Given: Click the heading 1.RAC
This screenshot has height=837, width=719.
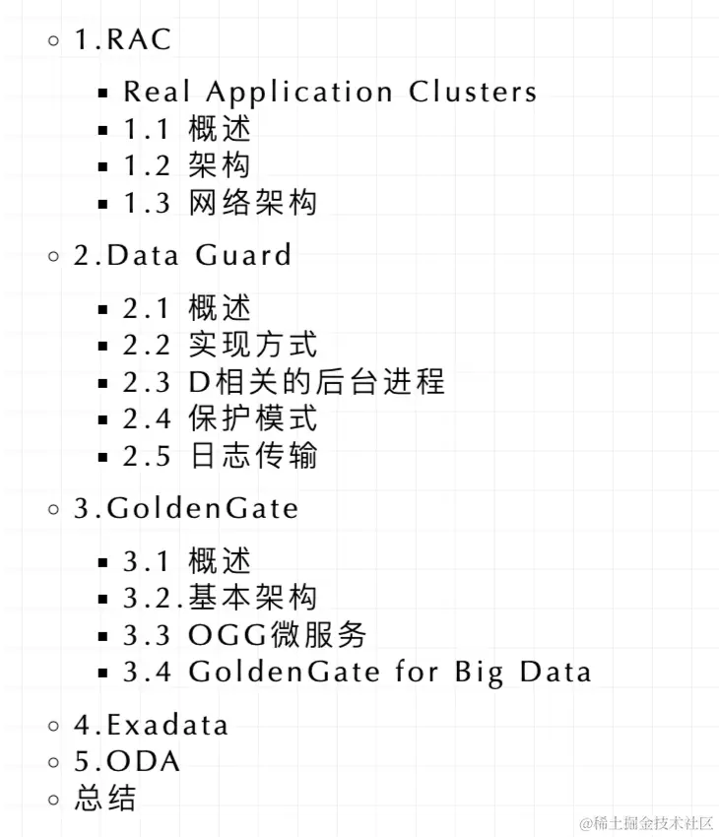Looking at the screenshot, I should (x=122, y=40).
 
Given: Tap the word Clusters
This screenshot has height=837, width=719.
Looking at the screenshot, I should (x=474, y=92).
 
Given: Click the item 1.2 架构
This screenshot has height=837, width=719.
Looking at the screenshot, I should (x=187, y=164).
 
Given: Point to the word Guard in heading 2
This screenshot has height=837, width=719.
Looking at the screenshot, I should (x=243, y=256).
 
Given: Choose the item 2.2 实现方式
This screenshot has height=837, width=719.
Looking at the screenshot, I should (x=220, y=345).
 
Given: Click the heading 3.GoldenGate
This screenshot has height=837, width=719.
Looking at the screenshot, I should (x=186, y=509).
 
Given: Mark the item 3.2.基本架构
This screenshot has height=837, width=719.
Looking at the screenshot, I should (x=220, y=597).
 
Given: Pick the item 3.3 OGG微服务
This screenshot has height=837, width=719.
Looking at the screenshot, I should (x=244, y=634).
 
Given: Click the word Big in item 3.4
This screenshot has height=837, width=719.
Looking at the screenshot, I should (x=480, y=673).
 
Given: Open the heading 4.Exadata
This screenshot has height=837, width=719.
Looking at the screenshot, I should (x=151, y=726).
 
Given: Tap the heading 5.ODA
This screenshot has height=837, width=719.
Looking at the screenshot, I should (x=127, y=761).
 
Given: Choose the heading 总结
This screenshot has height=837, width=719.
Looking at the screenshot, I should (x=105, y=798).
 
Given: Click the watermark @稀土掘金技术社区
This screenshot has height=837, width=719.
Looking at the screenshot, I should (x=645, y=822).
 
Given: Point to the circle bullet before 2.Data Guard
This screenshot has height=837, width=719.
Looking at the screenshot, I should (x=54, y=257).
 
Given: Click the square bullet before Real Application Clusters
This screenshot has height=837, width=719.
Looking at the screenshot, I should (x=103, y=94).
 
